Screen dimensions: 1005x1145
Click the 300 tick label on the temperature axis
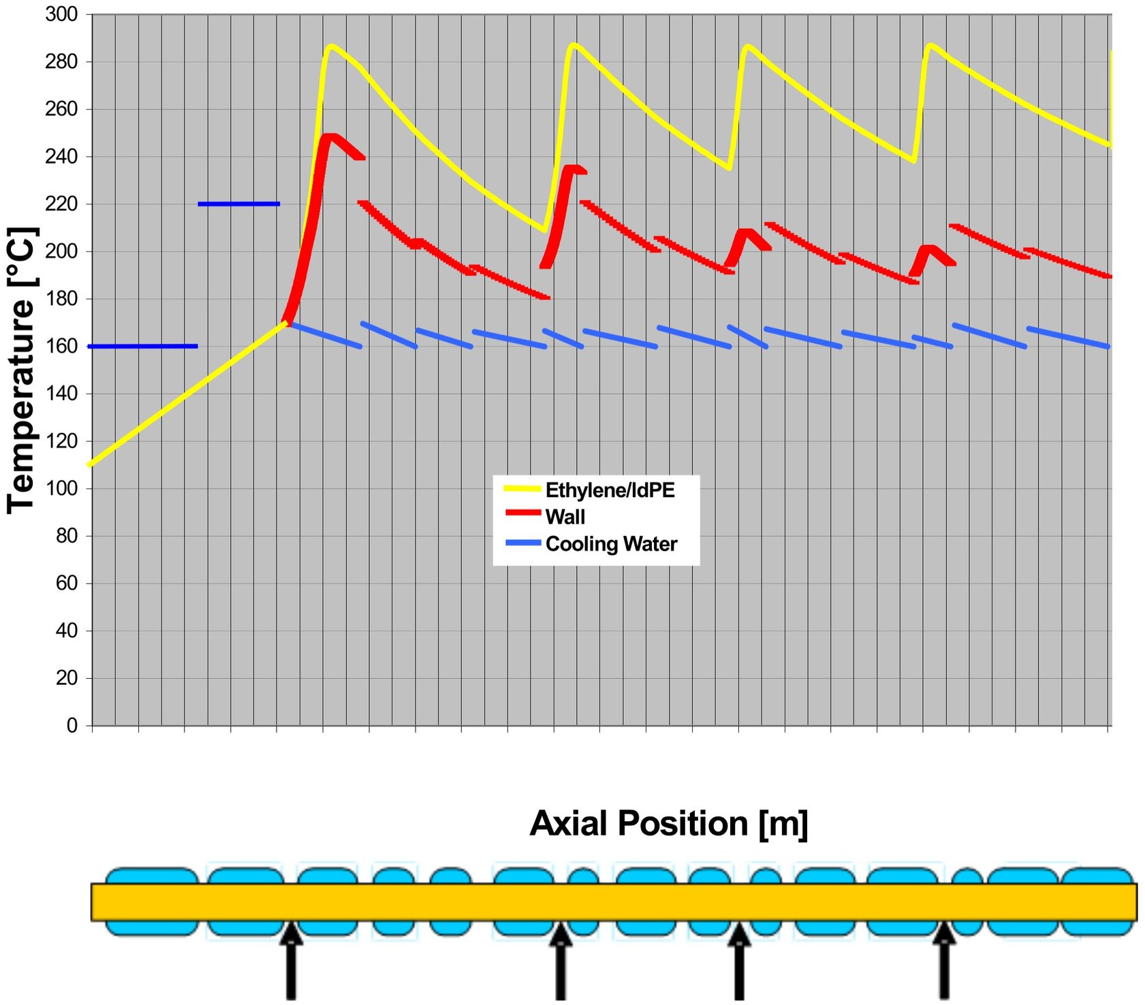[x=61, y=14]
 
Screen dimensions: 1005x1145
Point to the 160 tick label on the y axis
[x=61, y=347]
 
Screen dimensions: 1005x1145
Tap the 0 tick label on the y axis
[x=72, y=725]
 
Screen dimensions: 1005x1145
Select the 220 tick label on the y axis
[x=61, y=204]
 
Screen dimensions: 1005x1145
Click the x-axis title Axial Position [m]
[x=668, y=823]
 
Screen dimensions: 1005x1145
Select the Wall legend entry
[x=565, y=517]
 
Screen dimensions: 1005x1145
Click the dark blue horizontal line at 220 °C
[x=238, y=204]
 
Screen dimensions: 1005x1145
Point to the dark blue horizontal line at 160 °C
[x=143, y=347]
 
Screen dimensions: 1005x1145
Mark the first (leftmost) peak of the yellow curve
[x=331, y=46]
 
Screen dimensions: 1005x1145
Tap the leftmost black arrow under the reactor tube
[x=291, y=960]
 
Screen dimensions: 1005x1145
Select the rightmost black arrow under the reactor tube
[x=944, y=960]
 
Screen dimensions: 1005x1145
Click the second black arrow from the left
[x=560, y=960]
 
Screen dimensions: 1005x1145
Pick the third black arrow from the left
[x=739, y=960]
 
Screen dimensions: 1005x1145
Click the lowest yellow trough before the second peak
[x=544, y=230]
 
